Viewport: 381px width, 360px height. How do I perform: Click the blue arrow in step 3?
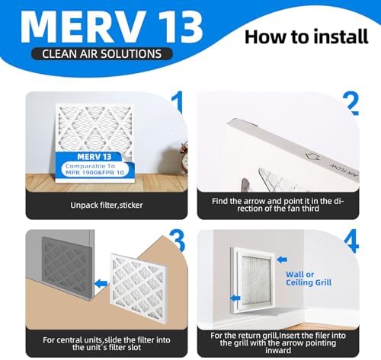tap(98, 284)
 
